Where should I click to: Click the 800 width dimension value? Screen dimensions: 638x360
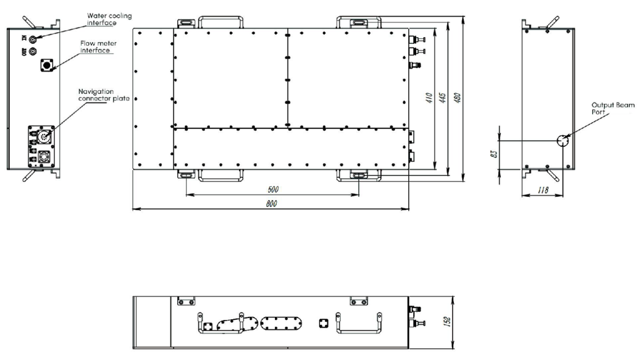(x=271, y=203)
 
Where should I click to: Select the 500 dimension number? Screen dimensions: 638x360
(x=273, y=190)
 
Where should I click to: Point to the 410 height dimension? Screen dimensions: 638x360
(x=429, y=98)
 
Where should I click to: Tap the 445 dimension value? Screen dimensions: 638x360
(x=443, y=98)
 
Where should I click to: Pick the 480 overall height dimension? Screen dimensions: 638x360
(x=457, y=98)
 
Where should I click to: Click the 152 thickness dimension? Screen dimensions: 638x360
(x=447, y=322)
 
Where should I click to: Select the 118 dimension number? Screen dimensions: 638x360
(x=543, y=190)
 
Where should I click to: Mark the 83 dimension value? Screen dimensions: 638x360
(x=494, y=154)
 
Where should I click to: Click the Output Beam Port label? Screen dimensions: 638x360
(x=613, y=108)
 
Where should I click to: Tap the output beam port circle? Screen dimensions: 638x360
(x=563, y=141)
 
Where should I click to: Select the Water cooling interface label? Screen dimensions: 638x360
(x=109, y=19)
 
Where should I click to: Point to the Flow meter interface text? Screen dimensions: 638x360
(x=98, y=47)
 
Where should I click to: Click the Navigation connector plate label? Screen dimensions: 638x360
(x=104, y=94)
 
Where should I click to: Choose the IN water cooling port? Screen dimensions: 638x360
(x=33, y=39)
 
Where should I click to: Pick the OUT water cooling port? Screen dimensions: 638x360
(x=33, y=52)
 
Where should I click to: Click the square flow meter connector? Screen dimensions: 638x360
(x=47, y=65)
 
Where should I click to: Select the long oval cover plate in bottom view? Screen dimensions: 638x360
(x=281, y=323)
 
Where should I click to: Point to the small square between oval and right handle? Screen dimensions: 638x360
(x=324, y=324)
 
